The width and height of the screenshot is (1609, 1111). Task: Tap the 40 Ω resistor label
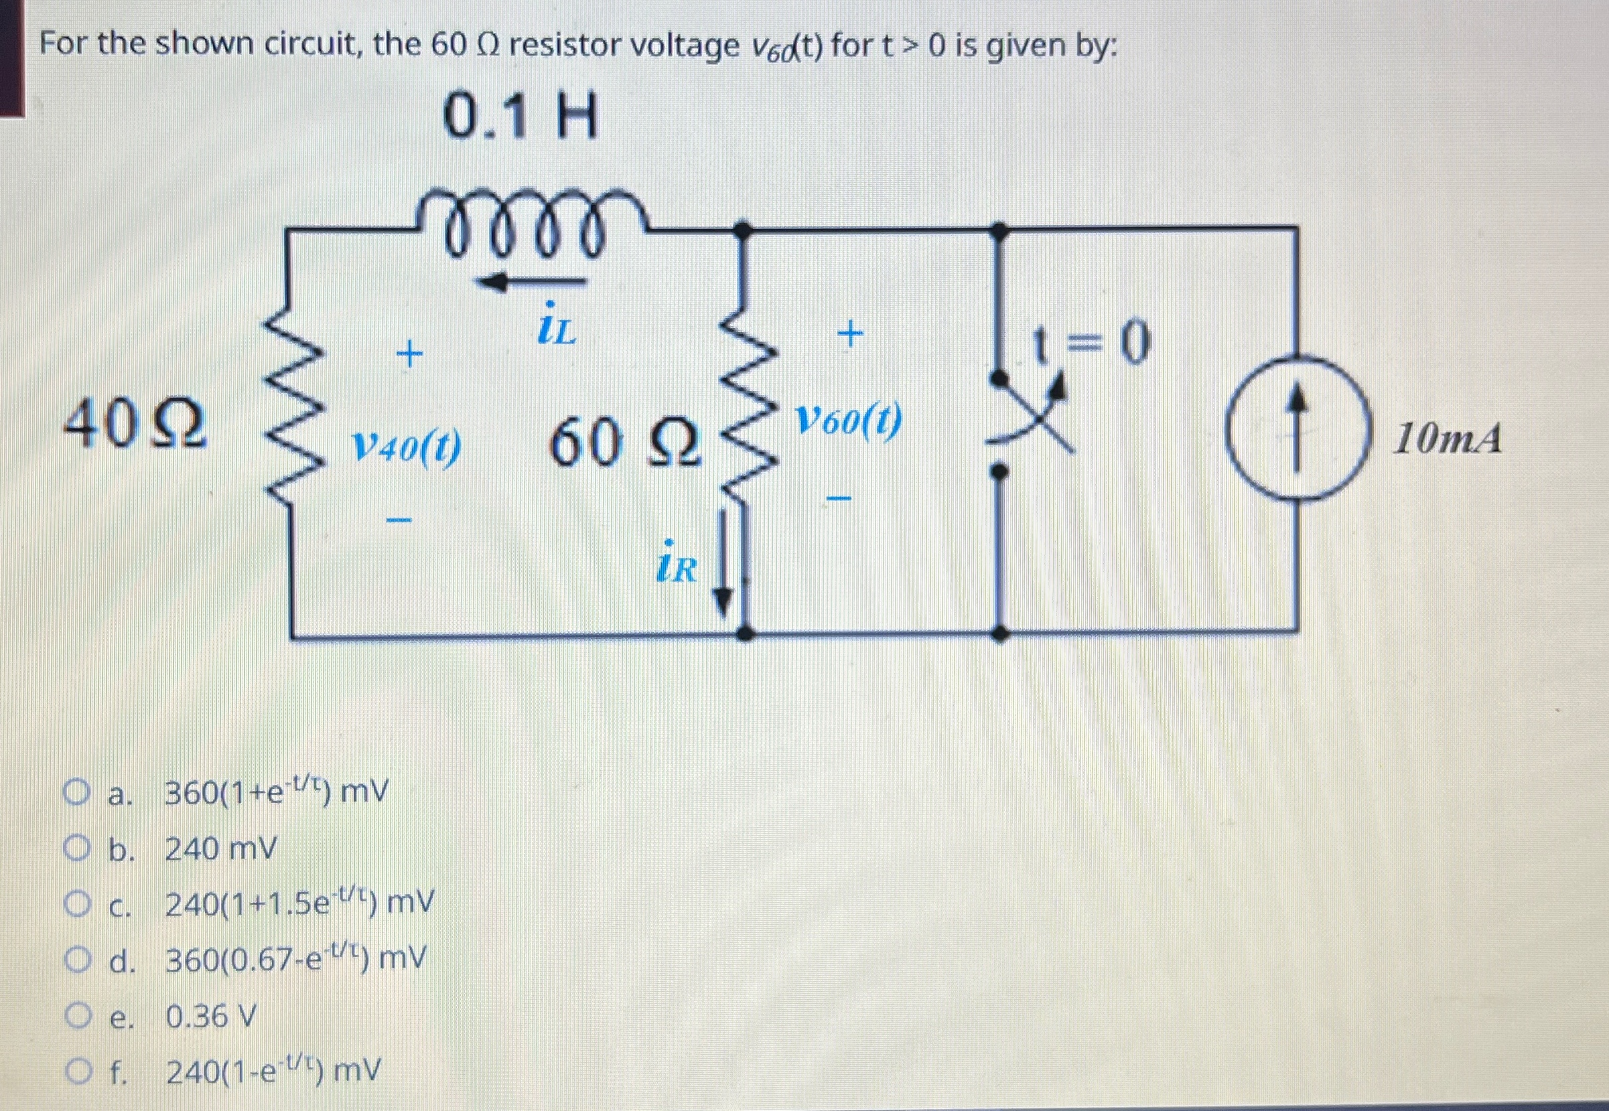click(135, 425)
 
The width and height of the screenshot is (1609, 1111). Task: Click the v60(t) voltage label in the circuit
click(849, 421)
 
